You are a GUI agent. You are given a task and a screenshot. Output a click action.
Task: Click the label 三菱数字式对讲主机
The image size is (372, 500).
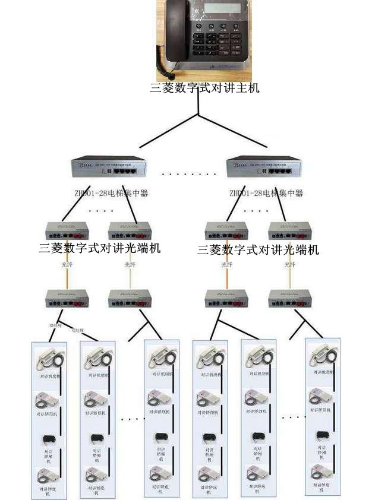[x=205, y=88]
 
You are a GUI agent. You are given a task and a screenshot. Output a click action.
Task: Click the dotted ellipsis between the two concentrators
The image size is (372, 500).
[x=189, y=175]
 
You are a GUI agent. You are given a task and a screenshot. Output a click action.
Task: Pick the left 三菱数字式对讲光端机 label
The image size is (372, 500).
[x=100, y=248]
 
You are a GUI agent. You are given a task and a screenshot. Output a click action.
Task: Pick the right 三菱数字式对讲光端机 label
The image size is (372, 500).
[x=258, y=249]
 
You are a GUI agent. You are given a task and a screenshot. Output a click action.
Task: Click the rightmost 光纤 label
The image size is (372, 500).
[x=289, y=265]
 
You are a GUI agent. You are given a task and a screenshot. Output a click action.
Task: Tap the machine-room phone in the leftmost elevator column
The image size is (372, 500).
[x=49, y=358]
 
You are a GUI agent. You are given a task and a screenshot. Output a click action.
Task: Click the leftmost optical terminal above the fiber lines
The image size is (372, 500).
[x=67, y=230]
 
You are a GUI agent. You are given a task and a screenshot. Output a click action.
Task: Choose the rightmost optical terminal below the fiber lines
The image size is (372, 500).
[x=289, y=298]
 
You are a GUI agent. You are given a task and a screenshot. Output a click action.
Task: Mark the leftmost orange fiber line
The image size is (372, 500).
[x=67, y=276]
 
